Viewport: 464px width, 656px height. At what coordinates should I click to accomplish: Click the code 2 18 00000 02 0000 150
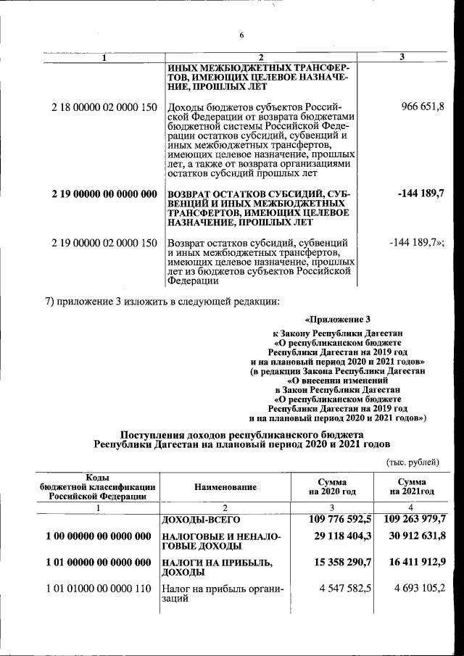pyautogui.click(x=104, y=107)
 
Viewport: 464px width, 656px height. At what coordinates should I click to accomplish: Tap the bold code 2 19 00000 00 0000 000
pyautogui.click(x=104, y=194)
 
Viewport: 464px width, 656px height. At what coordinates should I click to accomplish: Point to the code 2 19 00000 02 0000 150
pyautogui.click(x=104, y=243)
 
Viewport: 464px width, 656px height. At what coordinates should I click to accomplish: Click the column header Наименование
pyautogui.click(x=225, y=488)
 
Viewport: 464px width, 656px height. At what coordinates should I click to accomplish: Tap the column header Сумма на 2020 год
pyautogui.click(x=331, y=487)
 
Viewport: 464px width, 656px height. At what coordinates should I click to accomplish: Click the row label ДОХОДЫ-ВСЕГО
pyautogui.click(x=201, y=520)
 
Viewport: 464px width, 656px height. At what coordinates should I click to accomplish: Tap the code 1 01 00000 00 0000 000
pyautogui.click(x=98, y=562)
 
